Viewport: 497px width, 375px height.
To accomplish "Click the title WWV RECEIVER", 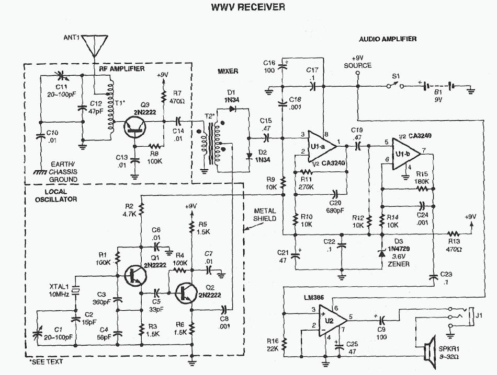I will point(248,7).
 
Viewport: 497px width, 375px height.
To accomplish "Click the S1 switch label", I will point(396,76).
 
